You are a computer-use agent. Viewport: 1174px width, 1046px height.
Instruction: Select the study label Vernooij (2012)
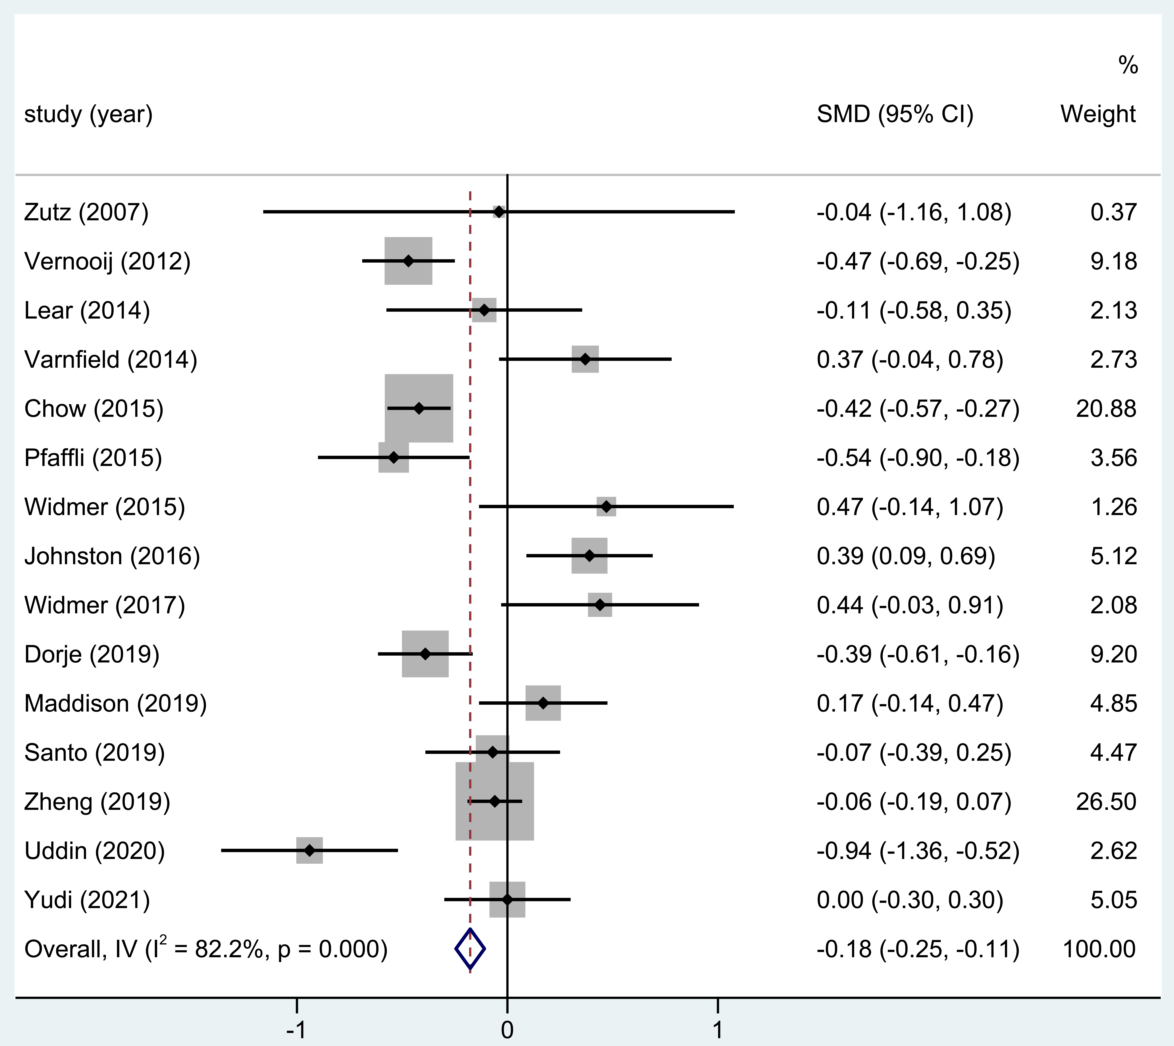[107, 261]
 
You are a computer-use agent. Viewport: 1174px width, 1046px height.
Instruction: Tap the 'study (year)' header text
[88, 114]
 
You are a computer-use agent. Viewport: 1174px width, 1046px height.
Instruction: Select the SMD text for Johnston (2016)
[906, 556]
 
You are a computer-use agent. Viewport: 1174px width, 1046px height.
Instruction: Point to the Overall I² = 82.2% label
[206, 949]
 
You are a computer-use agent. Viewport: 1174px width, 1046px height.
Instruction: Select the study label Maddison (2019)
[115, 703]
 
